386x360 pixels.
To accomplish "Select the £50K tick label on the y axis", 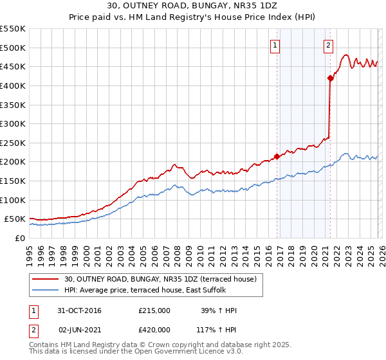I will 15,219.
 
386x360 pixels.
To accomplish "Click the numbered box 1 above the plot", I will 275,45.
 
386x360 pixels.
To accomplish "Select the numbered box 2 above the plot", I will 328,45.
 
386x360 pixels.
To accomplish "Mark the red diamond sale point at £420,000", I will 330,78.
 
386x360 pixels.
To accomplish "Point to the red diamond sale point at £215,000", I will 277,156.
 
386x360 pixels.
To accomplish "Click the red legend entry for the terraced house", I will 160,279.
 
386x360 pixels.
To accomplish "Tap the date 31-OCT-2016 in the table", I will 79,310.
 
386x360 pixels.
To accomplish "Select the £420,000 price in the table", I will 154,328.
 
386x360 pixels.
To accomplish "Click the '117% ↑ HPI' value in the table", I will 216,328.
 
